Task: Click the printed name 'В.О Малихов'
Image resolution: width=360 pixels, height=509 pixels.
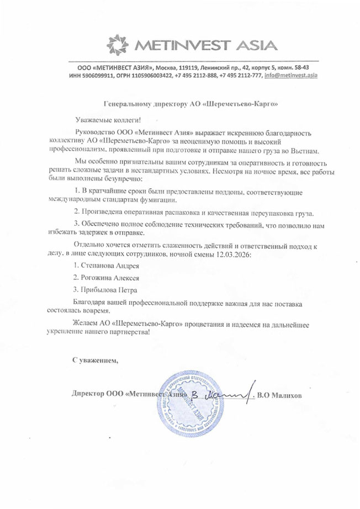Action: pos(279,395)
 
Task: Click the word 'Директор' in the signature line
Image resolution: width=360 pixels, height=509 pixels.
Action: pos(88,395)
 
